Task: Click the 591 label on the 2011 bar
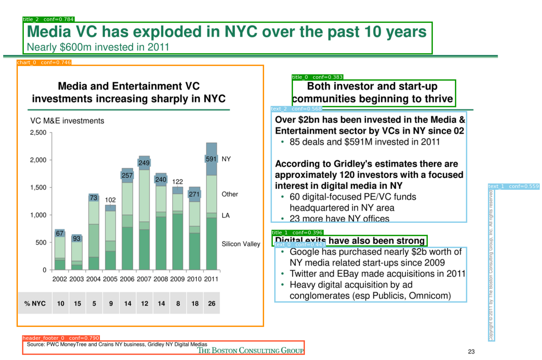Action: point(211,159)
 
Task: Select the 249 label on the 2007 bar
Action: point(144,163)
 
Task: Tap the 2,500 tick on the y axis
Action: point(38,133)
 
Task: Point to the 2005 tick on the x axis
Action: point(110,279)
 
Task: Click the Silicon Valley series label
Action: point(241,244)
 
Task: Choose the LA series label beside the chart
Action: point(226,215)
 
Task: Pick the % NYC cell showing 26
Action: point(211,304)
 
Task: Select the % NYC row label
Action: point(35,304)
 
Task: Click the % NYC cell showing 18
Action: point(194,304)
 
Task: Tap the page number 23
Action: point(471,352)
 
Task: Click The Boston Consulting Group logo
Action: point(250,351)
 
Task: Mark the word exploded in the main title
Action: point(160,32)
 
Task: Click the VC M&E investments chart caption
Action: point(67,121)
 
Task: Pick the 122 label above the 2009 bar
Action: point(177,182)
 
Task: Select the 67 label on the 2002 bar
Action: point(60,233)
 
